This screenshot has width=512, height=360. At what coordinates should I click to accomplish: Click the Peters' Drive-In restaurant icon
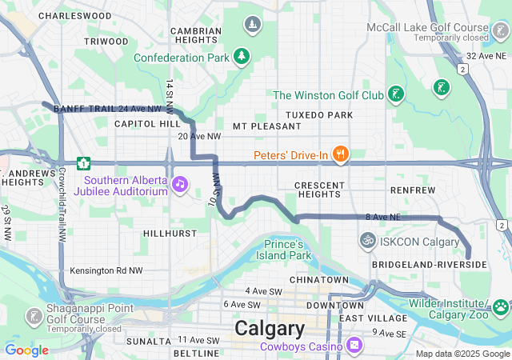coord(340,154)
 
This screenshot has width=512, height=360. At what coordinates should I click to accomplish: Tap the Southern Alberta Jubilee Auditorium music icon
coord(181,185)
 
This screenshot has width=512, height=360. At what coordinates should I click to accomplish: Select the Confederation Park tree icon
coord(241,58)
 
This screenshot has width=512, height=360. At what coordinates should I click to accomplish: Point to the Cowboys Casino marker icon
coord(354,346)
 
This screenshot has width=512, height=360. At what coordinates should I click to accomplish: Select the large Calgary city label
coord(270,329)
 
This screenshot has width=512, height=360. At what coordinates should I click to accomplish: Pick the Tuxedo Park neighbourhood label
coord(318,115)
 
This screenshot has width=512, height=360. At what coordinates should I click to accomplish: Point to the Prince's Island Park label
coord(284,250)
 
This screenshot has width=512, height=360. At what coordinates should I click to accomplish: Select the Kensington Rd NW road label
coord(105,271)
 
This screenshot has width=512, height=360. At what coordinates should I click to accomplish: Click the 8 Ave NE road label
coord(382,217)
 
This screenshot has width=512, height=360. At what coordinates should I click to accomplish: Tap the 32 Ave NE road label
coord(486,55)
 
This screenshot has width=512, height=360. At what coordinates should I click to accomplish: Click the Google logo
coord(26,350)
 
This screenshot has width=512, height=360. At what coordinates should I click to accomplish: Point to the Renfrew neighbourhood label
coord(413,190)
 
